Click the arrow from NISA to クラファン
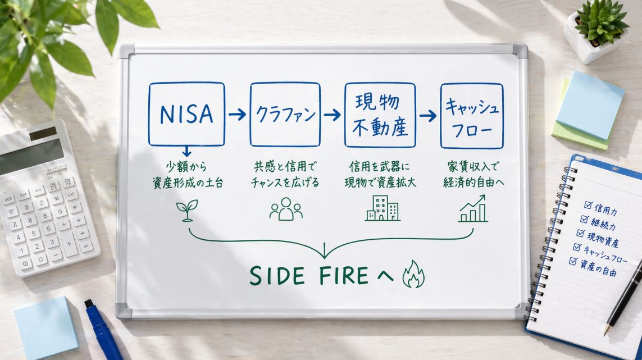pyautogui.click(x=237, y=114)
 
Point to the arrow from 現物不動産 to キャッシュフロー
pyautogui.click(x=428, y=116)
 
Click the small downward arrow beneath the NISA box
pyautogui.click(x=186, y=152)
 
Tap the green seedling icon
pyautogui.click(x=187, y=211)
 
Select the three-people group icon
pyautogui.click(x=286, y=209)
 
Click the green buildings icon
pyautogui.click(x=383, y=208)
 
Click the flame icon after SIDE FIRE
pyautogui.click(x=413, y=274)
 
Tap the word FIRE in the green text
pyautogui.click(x=344, y=275)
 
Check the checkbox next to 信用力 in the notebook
pyautogui.click(x=589, y=205)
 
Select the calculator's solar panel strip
pyautogui.click(x=43, y=134)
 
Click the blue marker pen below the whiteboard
pyautogui.click(x=103, y=330)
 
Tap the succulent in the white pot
pyautogui.click(x=601, y=21)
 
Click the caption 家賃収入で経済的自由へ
pyautogui.click(x=473, y=175)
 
